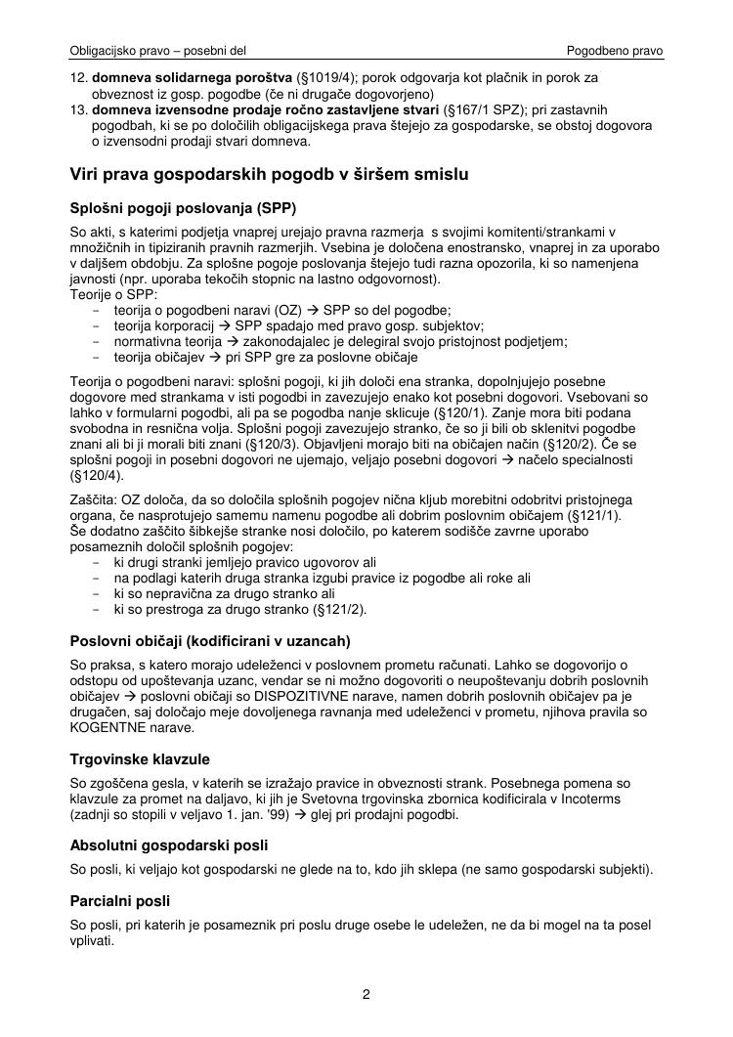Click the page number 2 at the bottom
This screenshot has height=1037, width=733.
(366, 996)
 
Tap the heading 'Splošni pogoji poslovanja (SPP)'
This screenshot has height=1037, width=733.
(183, 209)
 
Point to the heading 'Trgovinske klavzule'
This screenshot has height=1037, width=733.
(140, 758)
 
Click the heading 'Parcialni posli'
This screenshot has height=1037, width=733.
(120, 901)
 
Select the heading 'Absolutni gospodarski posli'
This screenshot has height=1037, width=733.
(169, 844)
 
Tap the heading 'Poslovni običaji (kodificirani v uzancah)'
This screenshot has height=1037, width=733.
(210, 641)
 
